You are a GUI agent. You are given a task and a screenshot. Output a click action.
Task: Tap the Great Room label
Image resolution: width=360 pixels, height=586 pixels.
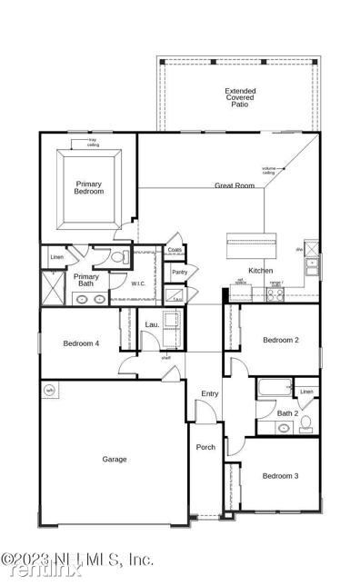(x=234, y=185)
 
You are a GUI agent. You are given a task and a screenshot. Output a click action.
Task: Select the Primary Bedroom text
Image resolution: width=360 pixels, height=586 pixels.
(x=89, y=187)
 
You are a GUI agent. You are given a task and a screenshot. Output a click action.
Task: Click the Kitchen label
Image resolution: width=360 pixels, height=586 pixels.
(x=262, y=271)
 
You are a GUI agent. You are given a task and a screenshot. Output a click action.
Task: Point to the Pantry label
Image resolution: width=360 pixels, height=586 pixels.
(x=180, y=272)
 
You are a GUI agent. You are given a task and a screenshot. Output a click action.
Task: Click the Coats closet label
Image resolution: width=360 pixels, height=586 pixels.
(x=175, y=250)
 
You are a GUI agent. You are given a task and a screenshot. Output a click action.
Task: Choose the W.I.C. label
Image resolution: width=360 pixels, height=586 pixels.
(x=138, y=283)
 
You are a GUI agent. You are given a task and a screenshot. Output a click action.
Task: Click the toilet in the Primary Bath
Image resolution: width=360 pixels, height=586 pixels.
(x=116, y=258)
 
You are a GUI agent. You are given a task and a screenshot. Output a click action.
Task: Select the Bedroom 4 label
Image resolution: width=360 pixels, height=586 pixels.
(x=81, y=343)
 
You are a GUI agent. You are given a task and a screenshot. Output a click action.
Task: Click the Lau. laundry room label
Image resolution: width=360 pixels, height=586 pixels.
(x=152, y=324)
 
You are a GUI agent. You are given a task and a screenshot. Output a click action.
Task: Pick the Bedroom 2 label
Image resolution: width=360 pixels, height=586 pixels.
(x=280, y=340)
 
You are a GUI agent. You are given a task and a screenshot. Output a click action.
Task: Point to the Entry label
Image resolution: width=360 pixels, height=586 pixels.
(x=210, y=392)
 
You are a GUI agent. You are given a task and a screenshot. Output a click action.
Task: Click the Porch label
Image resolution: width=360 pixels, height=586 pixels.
(x=206, y=447)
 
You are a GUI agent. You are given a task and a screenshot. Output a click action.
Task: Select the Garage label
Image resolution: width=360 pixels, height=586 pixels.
(x=114, y=459)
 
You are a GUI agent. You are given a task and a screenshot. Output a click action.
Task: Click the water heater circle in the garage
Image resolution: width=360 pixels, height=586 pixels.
(x=50, y=391)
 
